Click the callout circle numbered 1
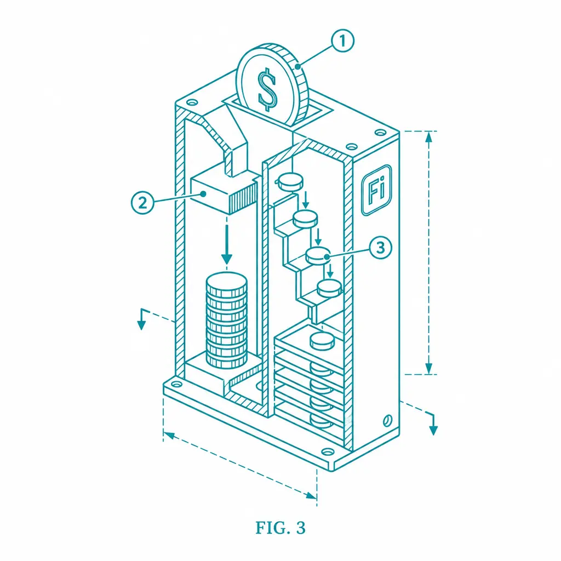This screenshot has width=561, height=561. (342, 41)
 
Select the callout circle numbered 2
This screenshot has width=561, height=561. (142, 203)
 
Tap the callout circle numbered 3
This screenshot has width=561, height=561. (380, 247)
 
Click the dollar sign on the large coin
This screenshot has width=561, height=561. (267, 90)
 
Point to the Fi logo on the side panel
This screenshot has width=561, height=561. (376, 190)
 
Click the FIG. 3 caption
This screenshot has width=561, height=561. (280, 528)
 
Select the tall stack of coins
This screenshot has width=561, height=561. (226, 320)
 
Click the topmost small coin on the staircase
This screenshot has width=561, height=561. (290, 181)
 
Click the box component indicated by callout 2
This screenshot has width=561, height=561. (224, 194)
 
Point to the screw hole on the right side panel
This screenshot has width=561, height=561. (387, 420)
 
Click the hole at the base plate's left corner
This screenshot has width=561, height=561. (177, 385)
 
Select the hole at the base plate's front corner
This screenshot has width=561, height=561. (327, 451)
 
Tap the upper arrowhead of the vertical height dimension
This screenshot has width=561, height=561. (429, 136)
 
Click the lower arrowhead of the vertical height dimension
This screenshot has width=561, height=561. (429, 369)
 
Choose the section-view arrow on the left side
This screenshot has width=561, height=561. (142, 319)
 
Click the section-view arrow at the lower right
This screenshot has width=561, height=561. (433, 425)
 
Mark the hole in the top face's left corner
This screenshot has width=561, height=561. (192, 102)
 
